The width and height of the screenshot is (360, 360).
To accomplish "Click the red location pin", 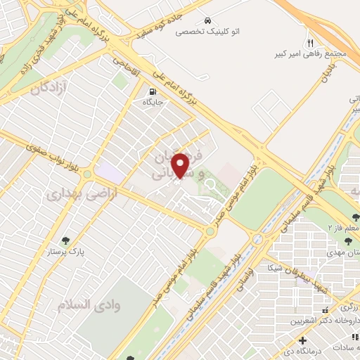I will click(x=181, y=165).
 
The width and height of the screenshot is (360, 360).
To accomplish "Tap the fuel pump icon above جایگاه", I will click(x=152, y=92).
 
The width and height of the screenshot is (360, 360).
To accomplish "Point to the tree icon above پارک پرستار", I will click(x=67, y=240).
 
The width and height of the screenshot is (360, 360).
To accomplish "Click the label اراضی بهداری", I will click(x=79, y=194).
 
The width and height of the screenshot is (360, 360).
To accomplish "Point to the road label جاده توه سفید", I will click(x=167, y=27).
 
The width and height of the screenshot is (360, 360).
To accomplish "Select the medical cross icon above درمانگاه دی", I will click(x=302, y=340).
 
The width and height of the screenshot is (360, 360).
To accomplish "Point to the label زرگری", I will click(x=347, y=308).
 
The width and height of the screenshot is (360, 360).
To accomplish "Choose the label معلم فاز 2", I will click(x=346, y=228).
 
